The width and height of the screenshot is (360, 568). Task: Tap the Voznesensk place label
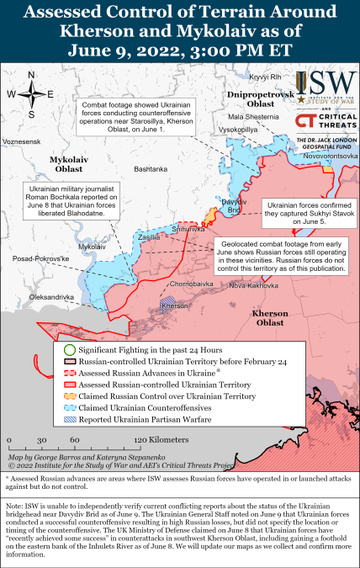point(22,143)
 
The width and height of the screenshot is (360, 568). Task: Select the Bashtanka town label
point(151,170)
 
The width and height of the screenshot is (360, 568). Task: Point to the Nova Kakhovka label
point(252,285)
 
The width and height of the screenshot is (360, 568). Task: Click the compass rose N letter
point(30,74)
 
